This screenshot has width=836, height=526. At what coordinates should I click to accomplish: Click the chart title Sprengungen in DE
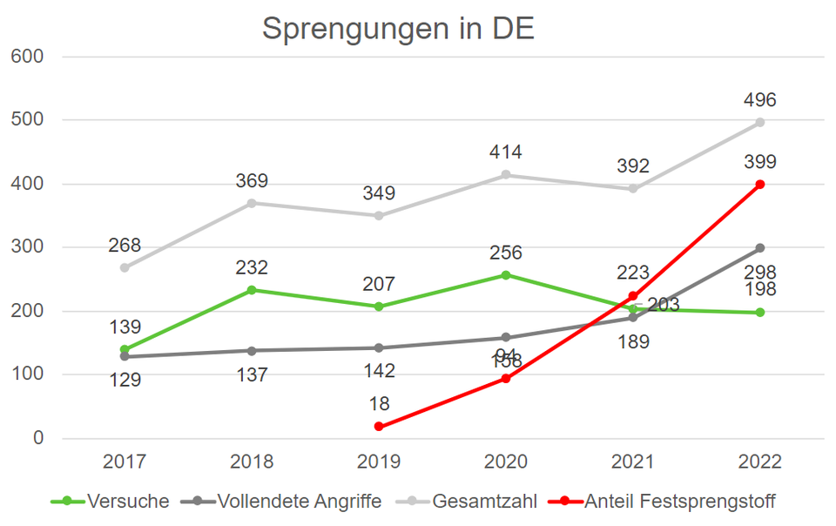pyautogui.click(x=398, y=28)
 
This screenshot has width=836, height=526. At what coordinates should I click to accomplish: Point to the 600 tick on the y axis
pyautogui.click(x=27, y=57)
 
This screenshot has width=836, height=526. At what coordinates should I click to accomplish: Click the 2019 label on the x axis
pyautogui.click(x=379, y=462)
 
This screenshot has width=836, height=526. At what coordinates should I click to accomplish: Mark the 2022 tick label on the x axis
pyautogui.click(x=759, y=462)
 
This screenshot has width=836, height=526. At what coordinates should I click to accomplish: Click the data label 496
pyautogui.click(x=759, y=100)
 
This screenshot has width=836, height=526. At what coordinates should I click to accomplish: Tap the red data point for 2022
pyautogui.click(x=760, y=184)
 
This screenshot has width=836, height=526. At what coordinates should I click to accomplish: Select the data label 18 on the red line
pyautogui.click(x=379, y=403)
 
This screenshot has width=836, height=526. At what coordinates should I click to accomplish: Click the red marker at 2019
pyautogui.click(x=379, y=427)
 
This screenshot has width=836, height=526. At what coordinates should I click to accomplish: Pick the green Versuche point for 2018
pyautogui.click(x=252, y=290)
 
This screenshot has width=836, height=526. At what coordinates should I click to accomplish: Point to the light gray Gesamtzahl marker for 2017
pyautogui.click(x=125, y=267)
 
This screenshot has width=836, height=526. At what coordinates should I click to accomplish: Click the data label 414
pyautogui.click(x=505, y=152)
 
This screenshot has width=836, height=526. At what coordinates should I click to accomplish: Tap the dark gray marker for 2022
pyautogui.click(x=760, y=248)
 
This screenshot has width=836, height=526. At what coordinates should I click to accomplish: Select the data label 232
pyautogui.click(x=252, y=267)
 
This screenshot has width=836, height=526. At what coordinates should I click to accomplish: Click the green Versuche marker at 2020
pyautogui.click(x=506, y=275)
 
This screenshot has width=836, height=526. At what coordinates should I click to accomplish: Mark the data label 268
pyautogui.click(x=125, y=246)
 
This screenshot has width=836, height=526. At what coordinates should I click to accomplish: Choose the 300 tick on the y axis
pyautogui.click(x=27, y=247)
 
